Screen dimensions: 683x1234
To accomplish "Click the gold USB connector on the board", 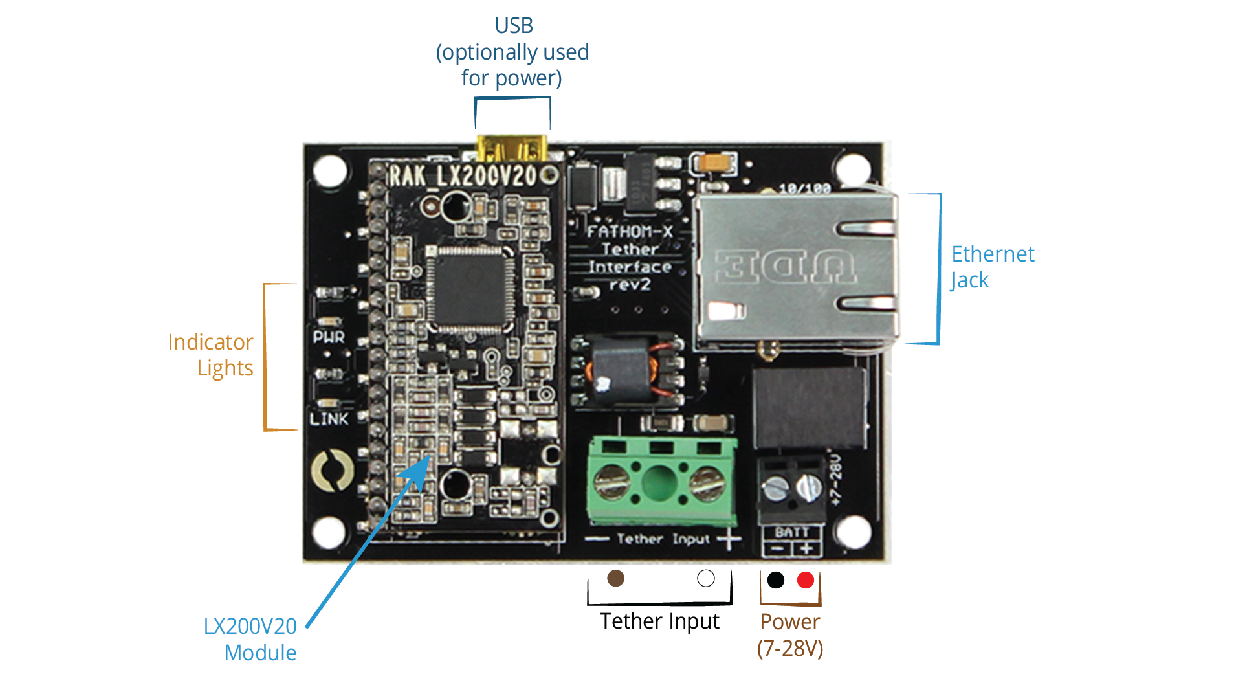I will coord(511,148).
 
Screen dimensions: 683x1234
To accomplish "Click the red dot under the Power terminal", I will coord(806,580).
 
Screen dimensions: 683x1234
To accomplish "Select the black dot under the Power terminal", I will coord(776,580).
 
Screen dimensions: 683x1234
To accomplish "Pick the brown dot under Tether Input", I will coord(615,578).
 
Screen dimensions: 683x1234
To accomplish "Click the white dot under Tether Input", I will coord(706,578).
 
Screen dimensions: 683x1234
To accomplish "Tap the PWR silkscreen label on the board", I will coord(329,337).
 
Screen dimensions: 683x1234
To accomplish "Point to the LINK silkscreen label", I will coord(329,420).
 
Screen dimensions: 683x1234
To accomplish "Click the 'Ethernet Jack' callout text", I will coord(992,267).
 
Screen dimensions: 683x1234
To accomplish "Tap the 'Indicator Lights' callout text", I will coord(211,355).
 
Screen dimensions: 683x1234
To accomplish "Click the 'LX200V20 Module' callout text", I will coord(250,639).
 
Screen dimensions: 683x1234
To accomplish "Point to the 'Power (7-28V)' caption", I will coord(790,634).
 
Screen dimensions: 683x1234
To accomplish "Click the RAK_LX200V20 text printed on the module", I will coord(463,176).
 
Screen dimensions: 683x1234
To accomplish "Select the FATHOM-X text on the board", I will coord(630,232).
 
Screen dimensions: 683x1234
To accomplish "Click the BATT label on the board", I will coord(791,532).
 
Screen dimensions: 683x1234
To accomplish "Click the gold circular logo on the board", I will coord(332,471).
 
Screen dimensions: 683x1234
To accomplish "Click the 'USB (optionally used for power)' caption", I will coord(512,52).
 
